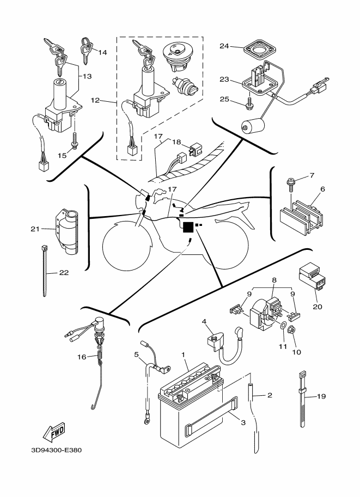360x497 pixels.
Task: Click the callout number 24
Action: pyautogui.click(x=224, y=46)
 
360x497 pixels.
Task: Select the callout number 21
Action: pyautogui.click(x=35, y=229)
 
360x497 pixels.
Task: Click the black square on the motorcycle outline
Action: pyautogui.click(x=188, y=228)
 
